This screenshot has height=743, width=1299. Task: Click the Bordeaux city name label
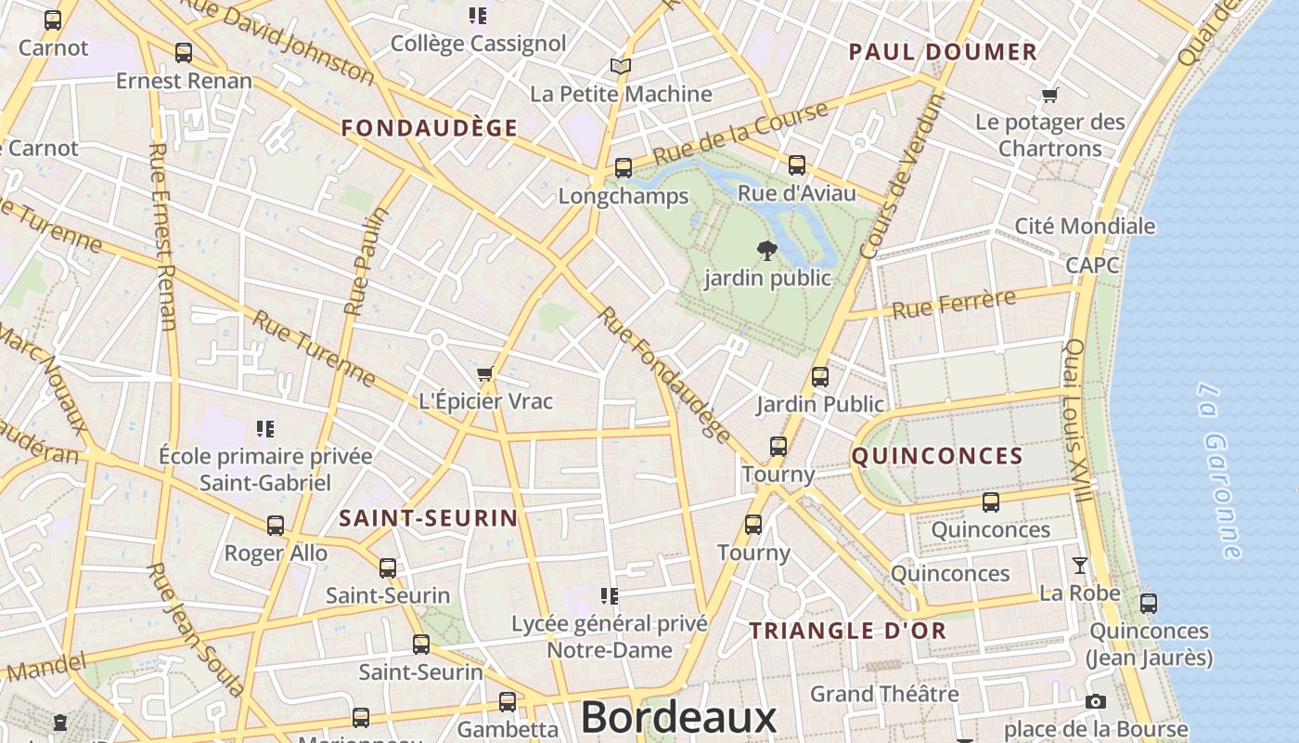678,718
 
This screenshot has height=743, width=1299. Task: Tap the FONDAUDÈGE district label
429,128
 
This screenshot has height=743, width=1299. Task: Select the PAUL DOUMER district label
943,52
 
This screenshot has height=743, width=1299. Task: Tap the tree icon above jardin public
767,250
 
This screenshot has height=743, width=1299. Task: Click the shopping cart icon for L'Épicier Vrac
484,374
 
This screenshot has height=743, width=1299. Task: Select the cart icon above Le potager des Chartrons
1050,95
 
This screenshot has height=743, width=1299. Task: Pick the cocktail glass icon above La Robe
1080,565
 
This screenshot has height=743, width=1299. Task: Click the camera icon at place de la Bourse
1096,702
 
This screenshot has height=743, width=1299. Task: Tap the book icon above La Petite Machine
621,67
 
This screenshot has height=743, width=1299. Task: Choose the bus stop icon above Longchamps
624,168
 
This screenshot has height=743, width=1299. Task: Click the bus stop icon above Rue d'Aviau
797,165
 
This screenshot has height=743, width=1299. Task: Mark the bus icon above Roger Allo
276,526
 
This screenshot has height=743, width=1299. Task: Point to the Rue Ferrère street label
954,304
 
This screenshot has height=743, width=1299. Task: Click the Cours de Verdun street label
901,177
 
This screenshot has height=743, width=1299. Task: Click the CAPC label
1092,265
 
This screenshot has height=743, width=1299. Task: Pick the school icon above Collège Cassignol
478,16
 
